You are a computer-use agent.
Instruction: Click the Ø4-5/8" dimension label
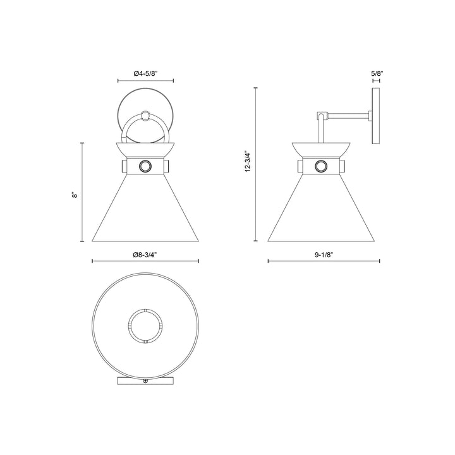pos(146,74)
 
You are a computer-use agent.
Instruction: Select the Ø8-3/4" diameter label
pos(145,254)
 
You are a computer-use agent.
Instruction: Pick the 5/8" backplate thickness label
pos(377,74)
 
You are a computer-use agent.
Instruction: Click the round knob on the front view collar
pos(145,167)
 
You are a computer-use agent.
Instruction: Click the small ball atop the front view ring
pos(146,116)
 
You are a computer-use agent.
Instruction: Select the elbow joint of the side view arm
pos(322,116)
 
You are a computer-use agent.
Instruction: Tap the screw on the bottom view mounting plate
pos(146,382)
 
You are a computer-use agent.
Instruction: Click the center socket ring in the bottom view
pos(145,325)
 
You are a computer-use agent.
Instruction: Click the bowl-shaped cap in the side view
pos(323,149)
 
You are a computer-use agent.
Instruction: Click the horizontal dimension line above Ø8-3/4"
pos(145,260)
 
